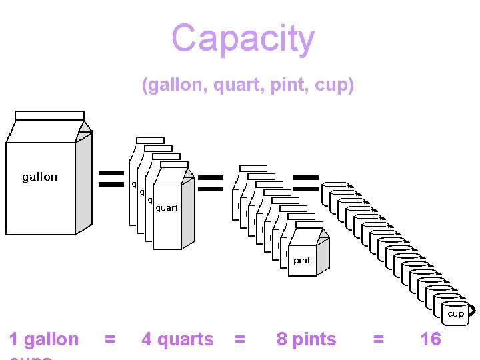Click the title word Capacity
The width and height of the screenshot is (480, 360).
[243, 39]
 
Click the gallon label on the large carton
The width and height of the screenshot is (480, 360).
[40, 177]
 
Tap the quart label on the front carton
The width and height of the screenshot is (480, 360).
[167, 208]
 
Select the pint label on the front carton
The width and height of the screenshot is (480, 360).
[302, 261]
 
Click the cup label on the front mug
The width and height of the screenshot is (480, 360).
[456, 313]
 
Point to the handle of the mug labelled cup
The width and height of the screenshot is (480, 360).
[472, 310]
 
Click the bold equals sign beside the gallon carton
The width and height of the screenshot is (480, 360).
[111, 178]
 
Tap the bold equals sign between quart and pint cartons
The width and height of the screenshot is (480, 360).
[211, 183]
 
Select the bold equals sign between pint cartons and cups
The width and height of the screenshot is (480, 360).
[306, 183]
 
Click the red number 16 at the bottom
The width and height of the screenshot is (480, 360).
[431, 339]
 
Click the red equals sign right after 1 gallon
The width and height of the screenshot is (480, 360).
[110, 339]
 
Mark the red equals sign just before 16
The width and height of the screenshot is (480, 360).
[379, 339]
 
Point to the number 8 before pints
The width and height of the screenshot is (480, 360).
[282, 339]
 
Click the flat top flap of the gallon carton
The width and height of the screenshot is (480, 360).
[49, 115]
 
